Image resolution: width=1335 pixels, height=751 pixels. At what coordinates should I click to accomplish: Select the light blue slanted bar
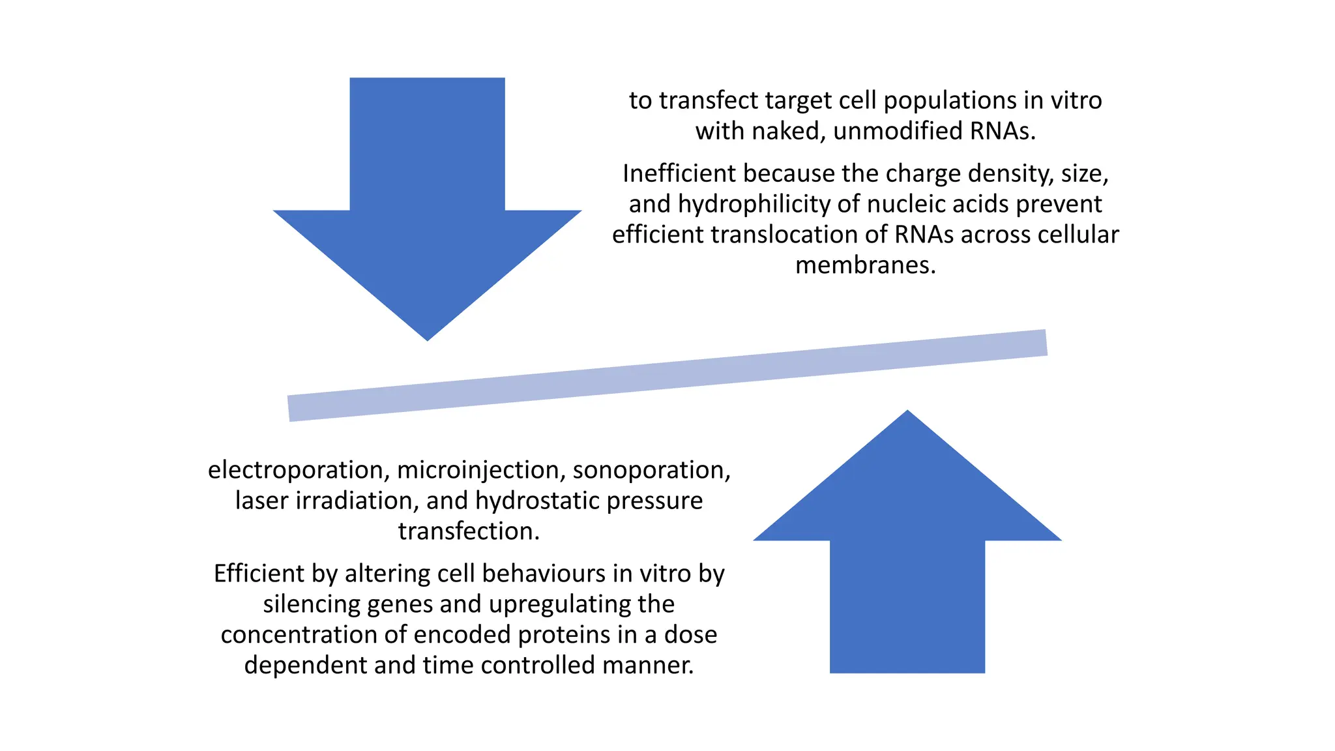(667, 375)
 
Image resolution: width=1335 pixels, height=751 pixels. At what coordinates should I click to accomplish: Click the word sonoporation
(651, 470)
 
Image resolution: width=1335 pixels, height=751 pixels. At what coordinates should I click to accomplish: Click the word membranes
(865, 265)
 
